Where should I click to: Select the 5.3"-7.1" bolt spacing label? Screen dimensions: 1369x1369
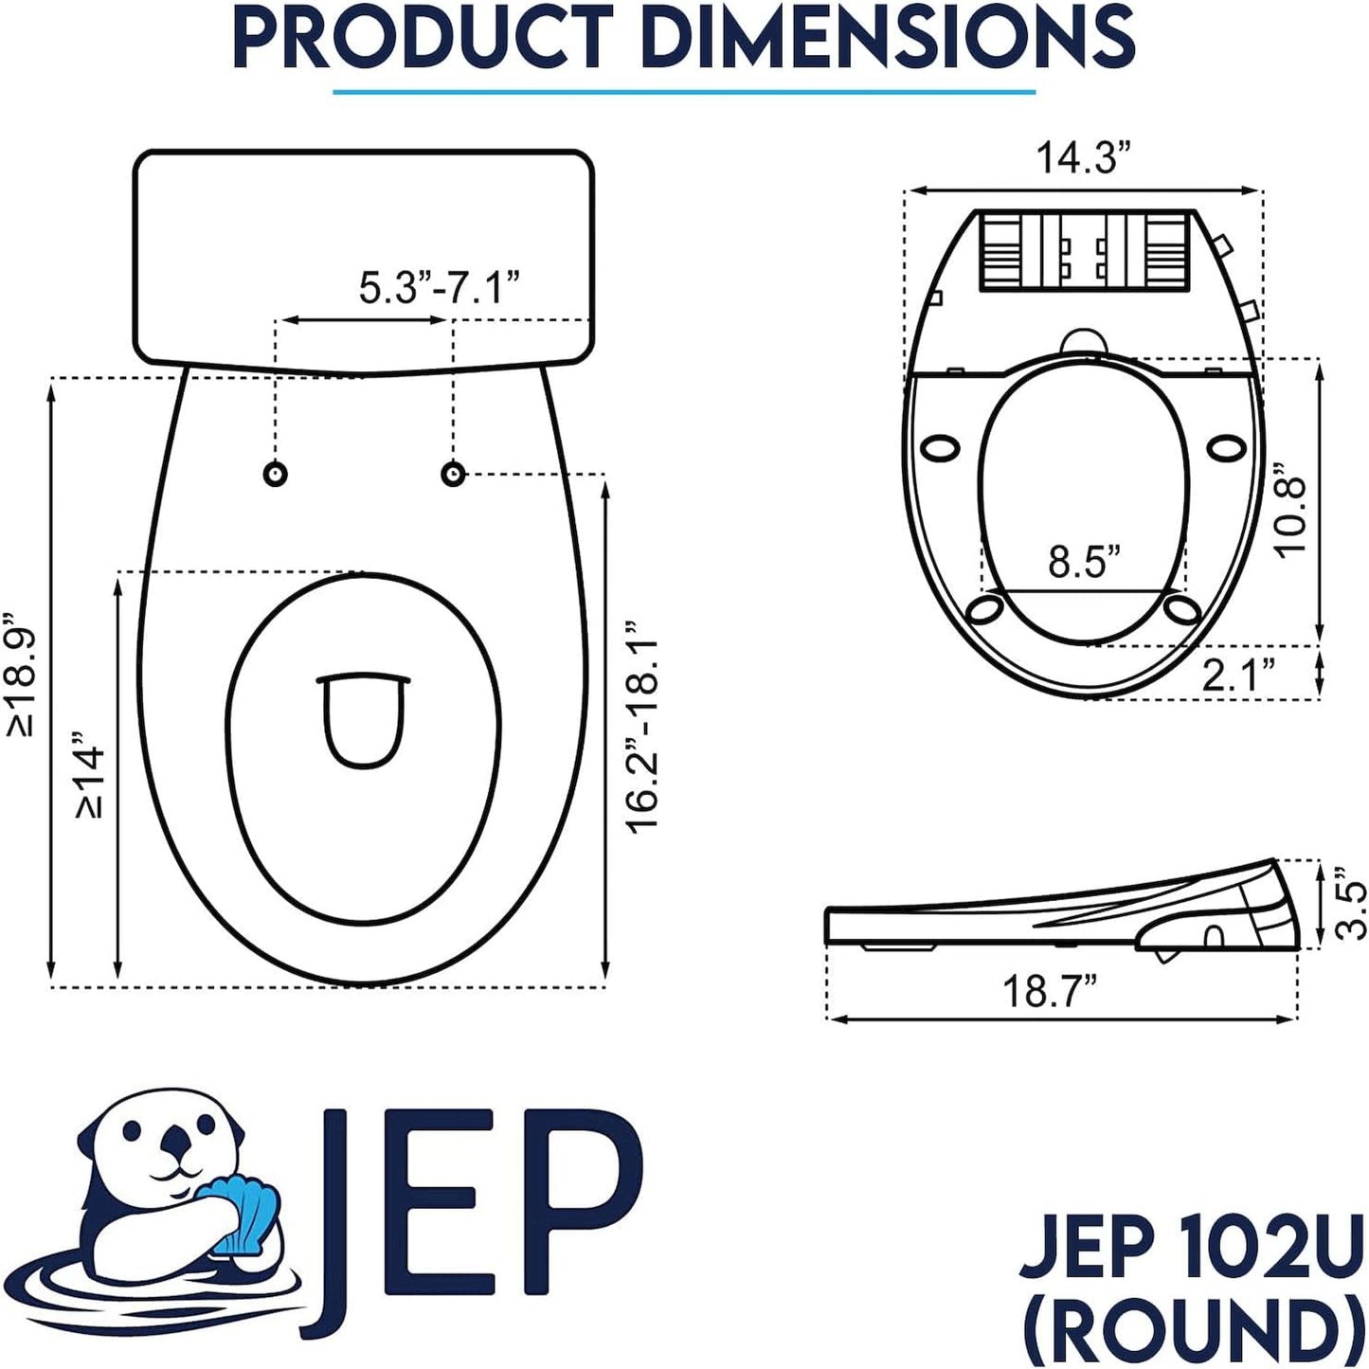(440, 287)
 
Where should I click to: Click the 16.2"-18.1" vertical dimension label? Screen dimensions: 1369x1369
(643, 728)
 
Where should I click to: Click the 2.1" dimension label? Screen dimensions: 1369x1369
(1238, 675)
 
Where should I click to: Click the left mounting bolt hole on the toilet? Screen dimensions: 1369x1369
(275, 474)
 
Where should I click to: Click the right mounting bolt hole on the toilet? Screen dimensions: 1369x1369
(454, 473)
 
